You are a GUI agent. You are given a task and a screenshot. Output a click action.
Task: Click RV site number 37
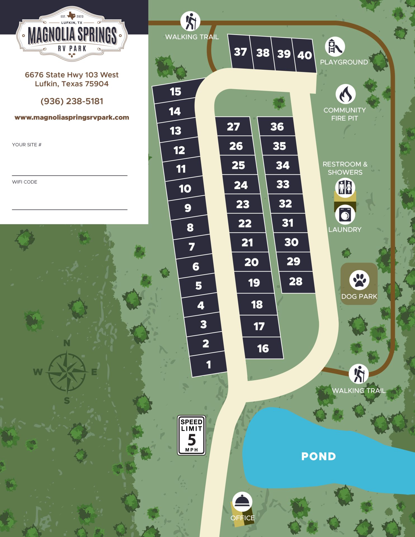[240, 52]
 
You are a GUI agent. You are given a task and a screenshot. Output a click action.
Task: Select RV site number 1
[209, 364]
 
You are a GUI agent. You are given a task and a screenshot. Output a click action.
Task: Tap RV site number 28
[296, 282]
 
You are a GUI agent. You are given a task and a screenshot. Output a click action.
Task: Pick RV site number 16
[263, 348]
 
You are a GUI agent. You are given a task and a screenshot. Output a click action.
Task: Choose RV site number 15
[176, 92]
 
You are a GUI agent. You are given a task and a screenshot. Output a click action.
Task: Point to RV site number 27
[233, 127]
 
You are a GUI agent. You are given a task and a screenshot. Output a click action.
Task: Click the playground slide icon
[335, 47]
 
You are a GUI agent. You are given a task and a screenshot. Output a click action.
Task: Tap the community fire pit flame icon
[345, 94]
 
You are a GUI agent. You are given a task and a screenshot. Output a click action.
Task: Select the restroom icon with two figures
[345, 187]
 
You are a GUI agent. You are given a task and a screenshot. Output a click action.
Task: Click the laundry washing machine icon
[345, 215]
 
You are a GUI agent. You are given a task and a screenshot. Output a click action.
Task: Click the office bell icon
[242, 502]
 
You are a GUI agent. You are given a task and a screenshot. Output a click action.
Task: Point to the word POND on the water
[319, 456]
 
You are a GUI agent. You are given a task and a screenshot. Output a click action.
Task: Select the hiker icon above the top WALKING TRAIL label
[190, 21]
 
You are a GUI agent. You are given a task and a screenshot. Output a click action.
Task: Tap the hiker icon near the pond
[359, 374]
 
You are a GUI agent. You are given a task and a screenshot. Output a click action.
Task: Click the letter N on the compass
[67, 343]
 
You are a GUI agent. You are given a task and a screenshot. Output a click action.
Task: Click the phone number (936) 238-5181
[72, 101]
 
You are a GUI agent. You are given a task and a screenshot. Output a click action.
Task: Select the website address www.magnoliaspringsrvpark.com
[72, 117]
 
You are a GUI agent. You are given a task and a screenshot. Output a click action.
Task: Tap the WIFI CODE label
[25, 182]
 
